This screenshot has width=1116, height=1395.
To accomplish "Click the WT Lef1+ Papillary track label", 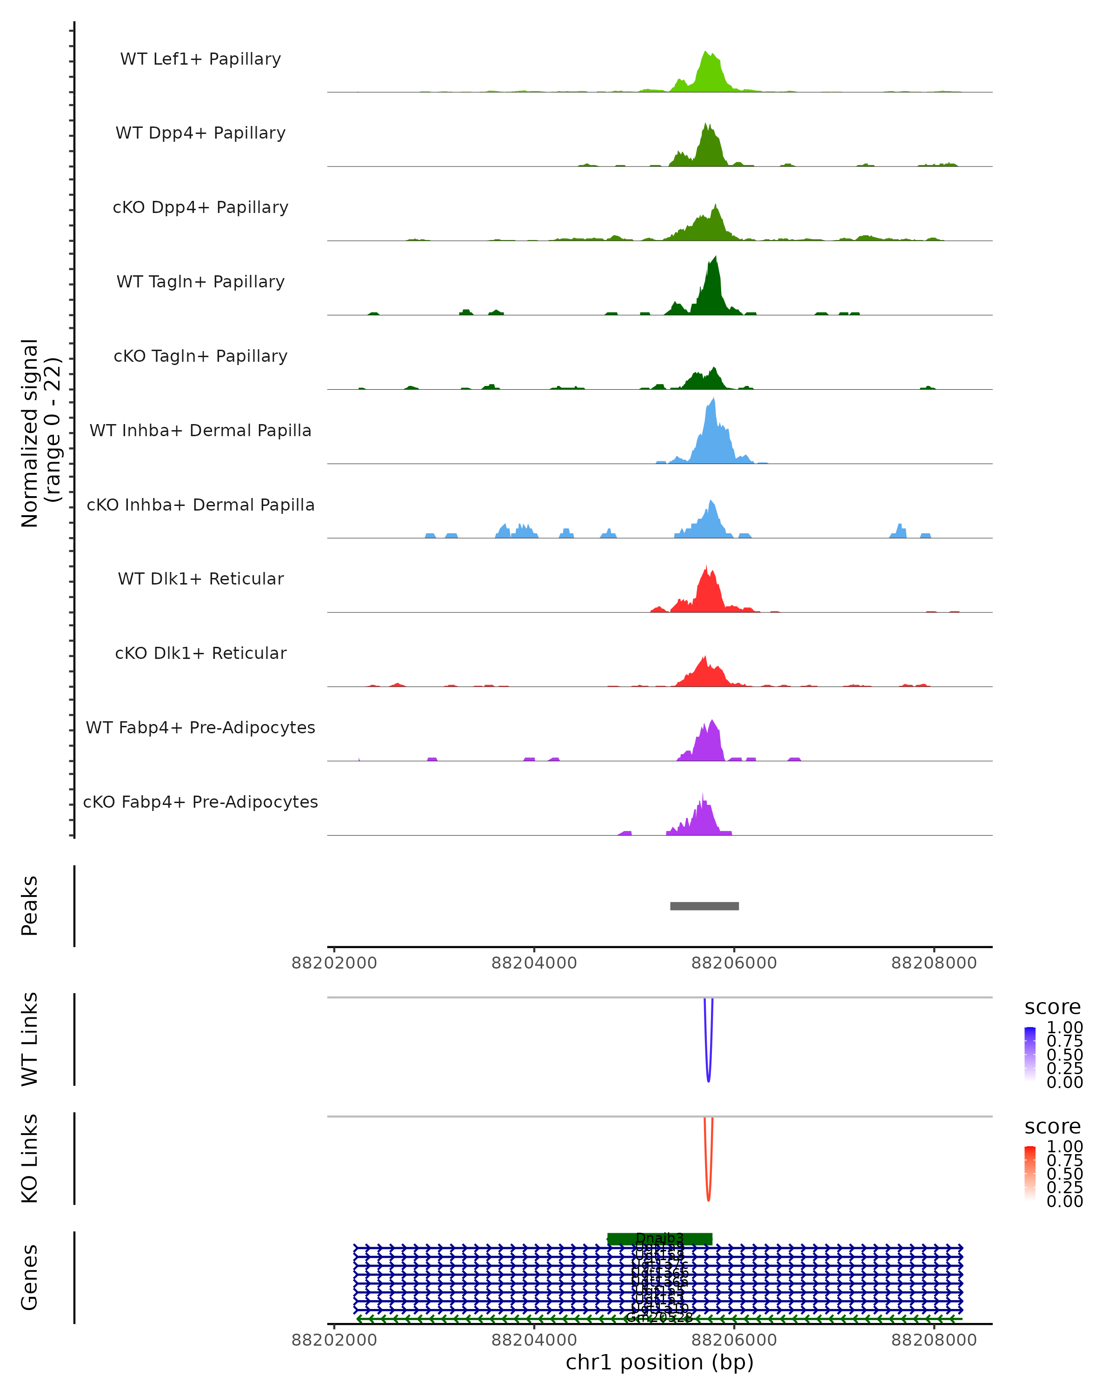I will click(x=200, y=59).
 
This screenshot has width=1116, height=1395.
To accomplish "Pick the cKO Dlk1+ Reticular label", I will click(x=200, y=653).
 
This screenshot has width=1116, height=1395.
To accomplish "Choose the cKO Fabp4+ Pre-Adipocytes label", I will click(x=200, y=802).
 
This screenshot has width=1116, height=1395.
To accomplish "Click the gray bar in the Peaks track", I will click(x=704, y=906).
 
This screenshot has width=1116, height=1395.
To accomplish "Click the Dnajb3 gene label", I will click(x=660, y=1238).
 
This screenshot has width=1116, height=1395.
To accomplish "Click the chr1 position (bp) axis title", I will click(x=659, y=1362).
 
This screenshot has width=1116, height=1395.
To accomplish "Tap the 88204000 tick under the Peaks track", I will click(x=534, y=963).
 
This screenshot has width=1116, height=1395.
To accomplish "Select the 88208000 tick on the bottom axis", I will click(x=934, y=1340).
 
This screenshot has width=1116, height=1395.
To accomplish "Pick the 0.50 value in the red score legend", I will click(x=1065, y=1174).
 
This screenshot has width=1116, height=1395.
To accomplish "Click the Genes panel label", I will click(x=30, y=1277).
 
